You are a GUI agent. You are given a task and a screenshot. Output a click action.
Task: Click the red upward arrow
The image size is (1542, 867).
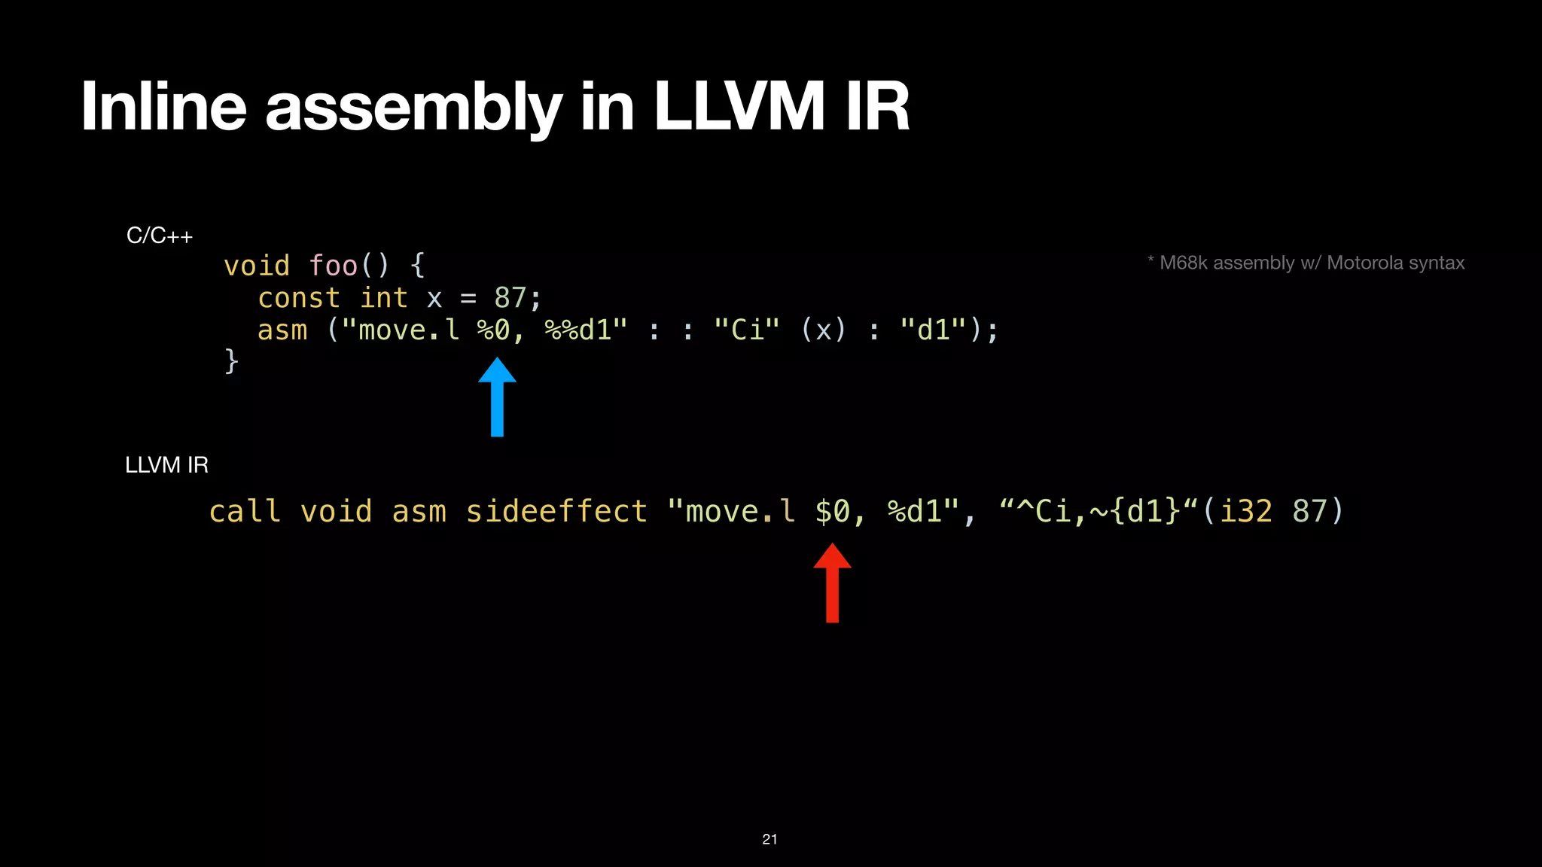tap(832, 583)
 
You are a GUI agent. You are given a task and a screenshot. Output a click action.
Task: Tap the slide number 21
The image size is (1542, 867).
tap(769, 839)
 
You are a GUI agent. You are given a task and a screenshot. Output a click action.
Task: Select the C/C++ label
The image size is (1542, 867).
tap(160, 236)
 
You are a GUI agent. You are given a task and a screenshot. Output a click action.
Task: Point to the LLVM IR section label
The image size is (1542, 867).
tap(166, 465)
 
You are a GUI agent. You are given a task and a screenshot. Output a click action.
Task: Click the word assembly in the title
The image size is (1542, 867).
tap(413, 107)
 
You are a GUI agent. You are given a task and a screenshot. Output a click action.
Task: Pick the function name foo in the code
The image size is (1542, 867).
tap(333, 266)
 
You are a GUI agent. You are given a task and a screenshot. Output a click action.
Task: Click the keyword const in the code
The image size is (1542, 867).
tap(299, 298)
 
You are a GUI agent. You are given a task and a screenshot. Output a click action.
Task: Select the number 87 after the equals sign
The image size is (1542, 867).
tap(510, 298)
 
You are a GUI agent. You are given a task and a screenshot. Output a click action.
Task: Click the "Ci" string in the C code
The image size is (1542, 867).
tap(746, 330)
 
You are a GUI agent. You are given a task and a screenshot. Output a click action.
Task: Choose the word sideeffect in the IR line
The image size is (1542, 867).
tap(556, 512)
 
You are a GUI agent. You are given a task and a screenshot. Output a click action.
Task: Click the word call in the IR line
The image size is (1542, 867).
tap(245, 512)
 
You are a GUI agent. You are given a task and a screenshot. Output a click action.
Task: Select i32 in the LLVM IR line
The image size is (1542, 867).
tap(1245, 512)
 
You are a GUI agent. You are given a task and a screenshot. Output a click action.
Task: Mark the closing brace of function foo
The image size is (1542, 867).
tap(232, 361)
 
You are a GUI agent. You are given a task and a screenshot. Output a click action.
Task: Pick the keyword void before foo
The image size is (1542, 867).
tap(257, 266)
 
